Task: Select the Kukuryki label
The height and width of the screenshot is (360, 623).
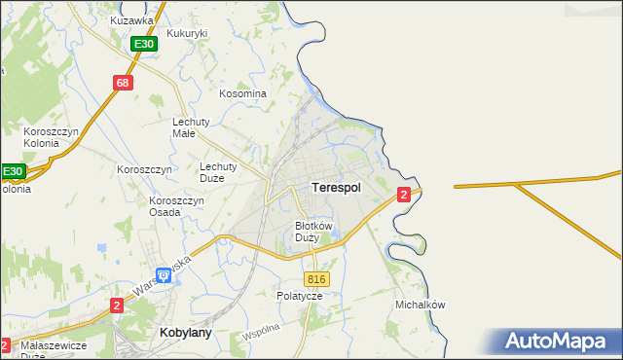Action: tap(188, 33)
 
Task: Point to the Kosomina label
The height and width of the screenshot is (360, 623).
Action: tap(242, 93)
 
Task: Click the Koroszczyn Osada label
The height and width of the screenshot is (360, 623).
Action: tap(176, 206)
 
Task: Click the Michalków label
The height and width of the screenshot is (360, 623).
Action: tap(421, 305)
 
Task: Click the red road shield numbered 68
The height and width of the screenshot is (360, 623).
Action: tap(122, 83)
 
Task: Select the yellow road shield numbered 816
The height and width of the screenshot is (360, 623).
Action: tap(320, 279)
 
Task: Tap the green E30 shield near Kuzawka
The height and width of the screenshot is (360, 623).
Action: tap(144, 45)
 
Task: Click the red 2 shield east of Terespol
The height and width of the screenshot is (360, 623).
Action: tap(403, 196)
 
